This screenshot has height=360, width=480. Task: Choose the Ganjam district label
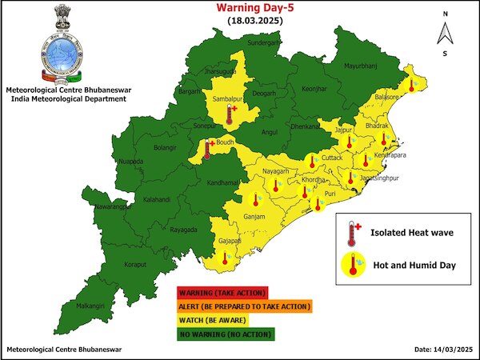(255, 217)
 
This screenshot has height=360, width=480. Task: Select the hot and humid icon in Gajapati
(226, 258)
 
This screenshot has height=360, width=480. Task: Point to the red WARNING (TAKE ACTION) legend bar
(222, 292)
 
